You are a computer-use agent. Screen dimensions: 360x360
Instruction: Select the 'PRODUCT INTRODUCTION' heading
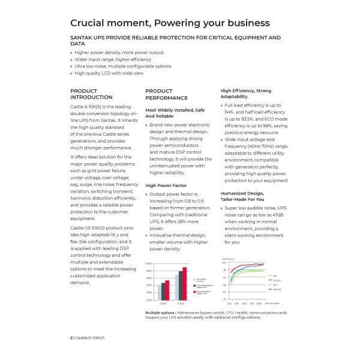pos(91,94)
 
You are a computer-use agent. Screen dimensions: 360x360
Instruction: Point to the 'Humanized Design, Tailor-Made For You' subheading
pos(242,196)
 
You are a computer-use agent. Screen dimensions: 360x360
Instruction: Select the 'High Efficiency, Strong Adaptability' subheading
pos(245,94)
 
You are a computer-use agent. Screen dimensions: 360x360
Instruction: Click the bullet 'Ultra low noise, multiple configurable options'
pos(123,66)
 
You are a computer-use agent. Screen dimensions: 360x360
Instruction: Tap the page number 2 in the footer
pos(71,338)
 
